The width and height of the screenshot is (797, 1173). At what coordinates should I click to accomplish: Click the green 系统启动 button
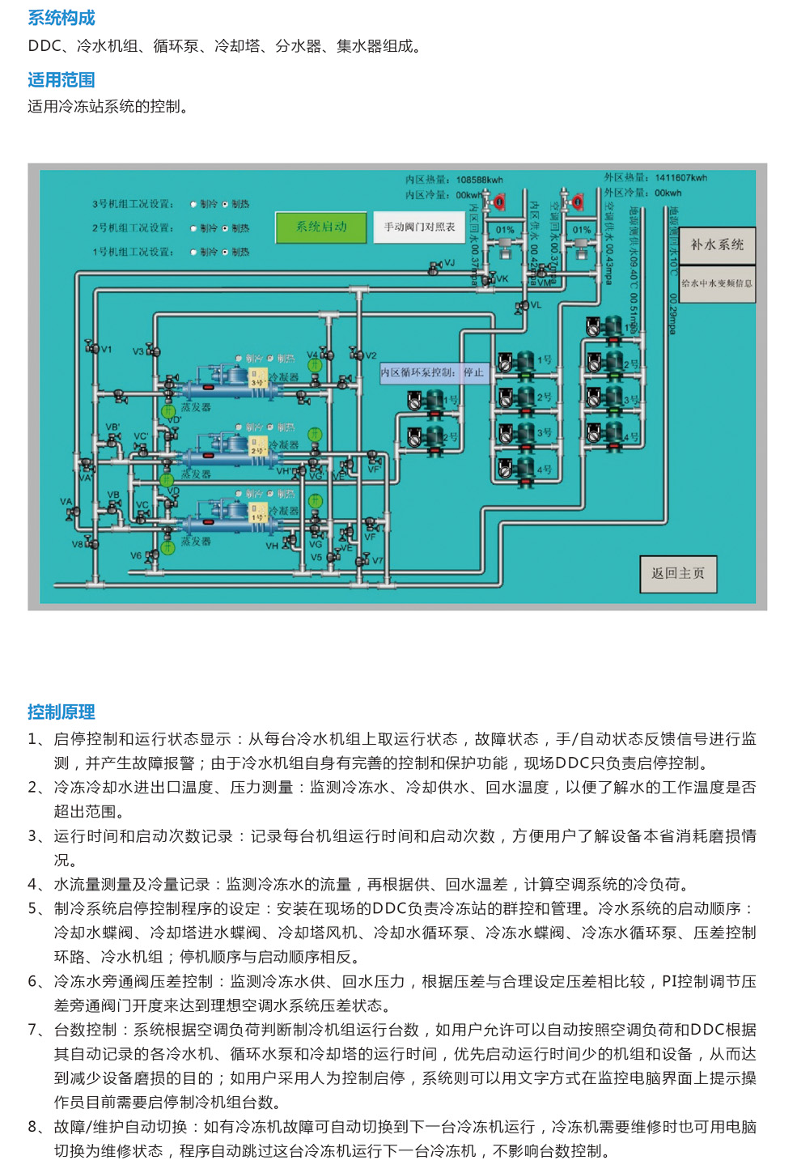click(x=321, y=227)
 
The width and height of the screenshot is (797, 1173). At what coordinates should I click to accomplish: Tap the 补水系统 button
click(x=716, y=244)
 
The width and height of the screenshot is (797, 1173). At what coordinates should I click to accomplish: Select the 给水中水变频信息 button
click(x=716, y=283)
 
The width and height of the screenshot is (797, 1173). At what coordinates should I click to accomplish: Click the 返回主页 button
click(x=678, y=573)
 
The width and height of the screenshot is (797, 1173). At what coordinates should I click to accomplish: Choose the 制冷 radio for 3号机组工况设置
click(x=194, y=204)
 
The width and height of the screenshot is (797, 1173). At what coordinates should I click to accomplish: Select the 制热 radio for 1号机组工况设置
click(x=226, y=253)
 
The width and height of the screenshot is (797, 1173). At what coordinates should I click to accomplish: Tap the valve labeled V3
click(x=152, y=351)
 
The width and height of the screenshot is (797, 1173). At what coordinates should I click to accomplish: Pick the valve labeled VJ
click(x=435, y=266)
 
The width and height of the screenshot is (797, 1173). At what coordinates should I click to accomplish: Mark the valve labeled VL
click(x=521, y=306)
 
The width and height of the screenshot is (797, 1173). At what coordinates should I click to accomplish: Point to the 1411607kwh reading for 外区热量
click(x=680, y=177)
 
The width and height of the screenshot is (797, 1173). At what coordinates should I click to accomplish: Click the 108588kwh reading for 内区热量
click(x=479, y=180)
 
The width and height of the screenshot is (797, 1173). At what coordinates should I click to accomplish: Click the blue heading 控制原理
click(x=61, y=712)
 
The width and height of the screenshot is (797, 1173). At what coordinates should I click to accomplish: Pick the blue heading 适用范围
click(x=61, y=80)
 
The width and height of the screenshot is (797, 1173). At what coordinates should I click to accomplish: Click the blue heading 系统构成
click(x=61, y=18)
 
